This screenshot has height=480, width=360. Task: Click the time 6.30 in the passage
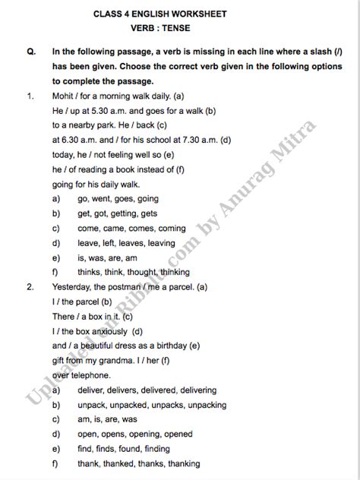point(71,140)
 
